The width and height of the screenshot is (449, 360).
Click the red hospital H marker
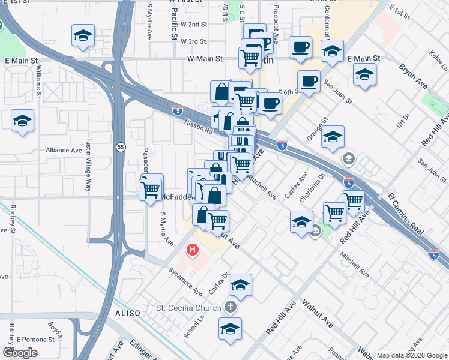pos(192,249)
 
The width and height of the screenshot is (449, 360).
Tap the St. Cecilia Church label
pos(188,308)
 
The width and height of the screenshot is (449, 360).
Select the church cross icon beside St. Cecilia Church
pos(229,308)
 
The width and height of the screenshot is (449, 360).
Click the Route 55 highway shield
pos(121,147)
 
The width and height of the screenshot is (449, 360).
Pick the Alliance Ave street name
pos(64,150)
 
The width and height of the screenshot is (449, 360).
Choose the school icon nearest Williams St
pos(22,122)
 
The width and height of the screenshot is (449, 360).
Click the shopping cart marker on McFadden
pos(150,190)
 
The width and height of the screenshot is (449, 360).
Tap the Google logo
pos(20,353)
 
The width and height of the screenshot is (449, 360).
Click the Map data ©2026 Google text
pos(412,355)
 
